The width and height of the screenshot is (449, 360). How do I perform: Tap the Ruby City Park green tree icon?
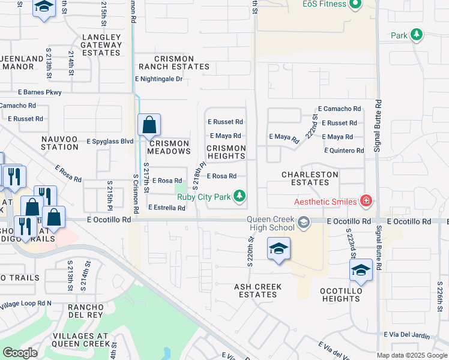pyautogui.click(x=240, y=196)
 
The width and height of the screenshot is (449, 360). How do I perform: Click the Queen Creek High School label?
pyautogui.click(x=272, y=223)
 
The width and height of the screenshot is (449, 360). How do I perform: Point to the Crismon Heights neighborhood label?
pyautogui.click(x=226, y=152)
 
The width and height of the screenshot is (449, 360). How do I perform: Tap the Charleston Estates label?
pyautogui.click(x=310, y=179)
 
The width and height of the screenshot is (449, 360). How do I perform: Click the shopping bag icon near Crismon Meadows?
pyautogui.click(x=149, y=125)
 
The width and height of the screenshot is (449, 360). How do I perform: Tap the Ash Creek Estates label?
pyautogui.click(x=258, y=291)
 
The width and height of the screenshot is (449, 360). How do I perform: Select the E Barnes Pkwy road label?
pyautogui.click(x=40, y=92)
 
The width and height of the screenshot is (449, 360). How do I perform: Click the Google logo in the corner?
pyautogui.click(x=20, y=353)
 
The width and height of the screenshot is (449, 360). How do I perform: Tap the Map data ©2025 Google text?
pyautogui.click(x=411, y=355)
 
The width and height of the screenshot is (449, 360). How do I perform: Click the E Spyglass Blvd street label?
pyautogui.click(x=110, y=142)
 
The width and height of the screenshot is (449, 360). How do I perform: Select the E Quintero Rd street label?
pyautogui.click(x=344, y=151)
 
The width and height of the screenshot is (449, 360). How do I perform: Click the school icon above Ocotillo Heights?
pyautogui.click(x=361, y=270)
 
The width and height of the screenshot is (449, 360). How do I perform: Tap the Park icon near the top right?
pyautogui.click(x=416, y=35)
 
